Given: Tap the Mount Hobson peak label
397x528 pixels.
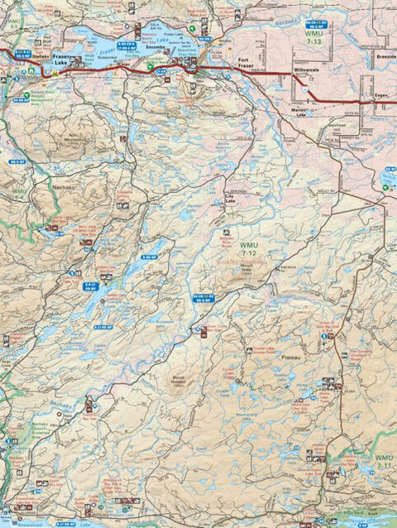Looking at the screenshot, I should point(184,382).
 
